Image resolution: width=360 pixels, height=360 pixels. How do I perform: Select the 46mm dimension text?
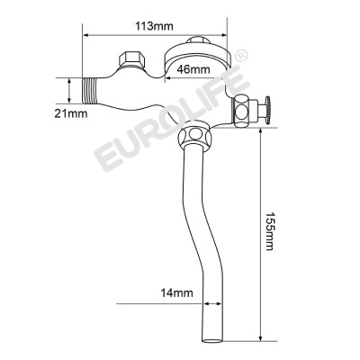coord(194,68)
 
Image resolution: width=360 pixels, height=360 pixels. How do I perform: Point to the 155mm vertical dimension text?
coord(273,236)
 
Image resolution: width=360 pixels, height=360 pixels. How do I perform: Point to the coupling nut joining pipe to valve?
coord(194,139)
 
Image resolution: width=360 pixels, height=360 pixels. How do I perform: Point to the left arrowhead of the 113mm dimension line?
coord(87,37)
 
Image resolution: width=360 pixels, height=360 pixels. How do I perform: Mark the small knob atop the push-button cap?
coord(201,40)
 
